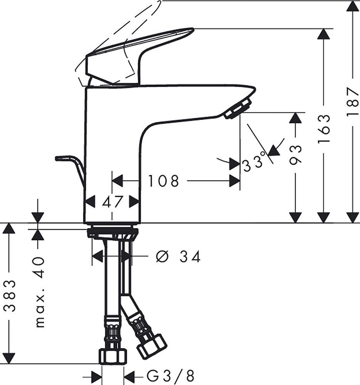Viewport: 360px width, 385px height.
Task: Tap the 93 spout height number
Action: point(295,155)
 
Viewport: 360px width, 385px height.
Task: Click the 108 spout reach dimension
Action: point(163,181)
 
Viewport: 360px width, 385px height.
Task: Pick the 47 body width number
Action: point(112,202)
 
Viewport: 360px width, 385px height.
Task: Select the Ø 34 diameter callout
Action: point(178,257)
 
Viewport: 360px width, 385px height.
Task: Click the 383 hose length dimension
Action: point(10,295)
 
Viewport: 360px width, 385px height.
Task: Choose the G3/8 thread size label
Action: point(170,375)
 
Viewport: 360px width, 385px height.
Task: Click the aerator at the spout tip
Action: point(238,109)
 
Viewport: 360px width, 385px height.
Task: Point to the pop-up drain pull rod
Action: point(70,169)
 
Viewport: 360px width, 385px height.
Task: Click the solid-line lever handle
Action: point(139,55)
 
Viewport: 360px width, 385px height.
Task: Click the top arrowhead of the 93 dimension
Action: point(295,118)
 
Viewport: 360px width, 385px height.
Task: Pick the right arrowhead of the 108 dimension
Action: point(234,181)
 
